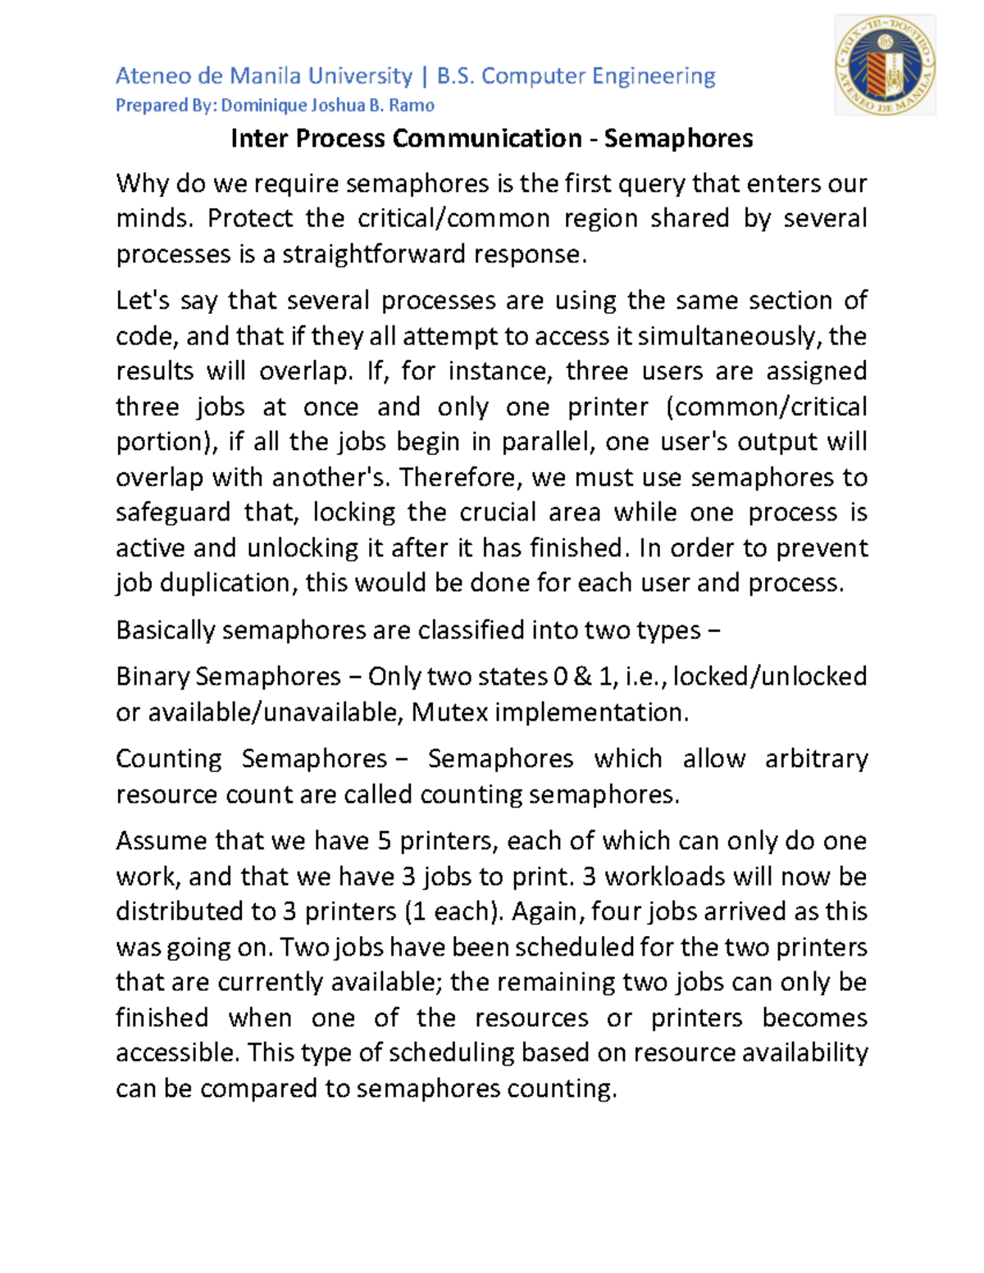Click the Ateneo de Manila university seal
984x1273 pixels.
(885, 66)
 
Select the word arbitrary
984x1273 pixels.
(816, 759)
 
